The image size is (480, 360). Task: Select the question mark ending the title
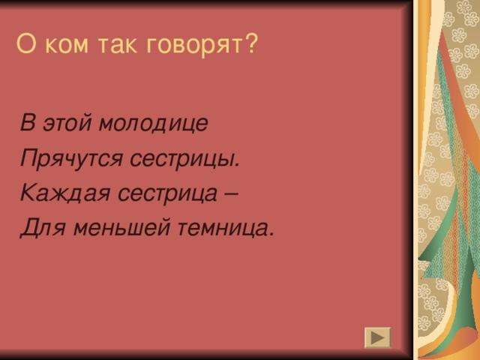pos(251,44)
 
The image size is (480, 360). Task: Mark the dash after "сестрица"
pos(231,193)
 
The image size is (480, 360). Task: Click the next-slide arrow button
pos(377,337)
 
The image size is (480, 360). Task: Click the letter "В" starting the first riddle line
pos(27,123)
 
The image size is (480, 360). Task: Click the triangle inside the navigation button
pos(378,337)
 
